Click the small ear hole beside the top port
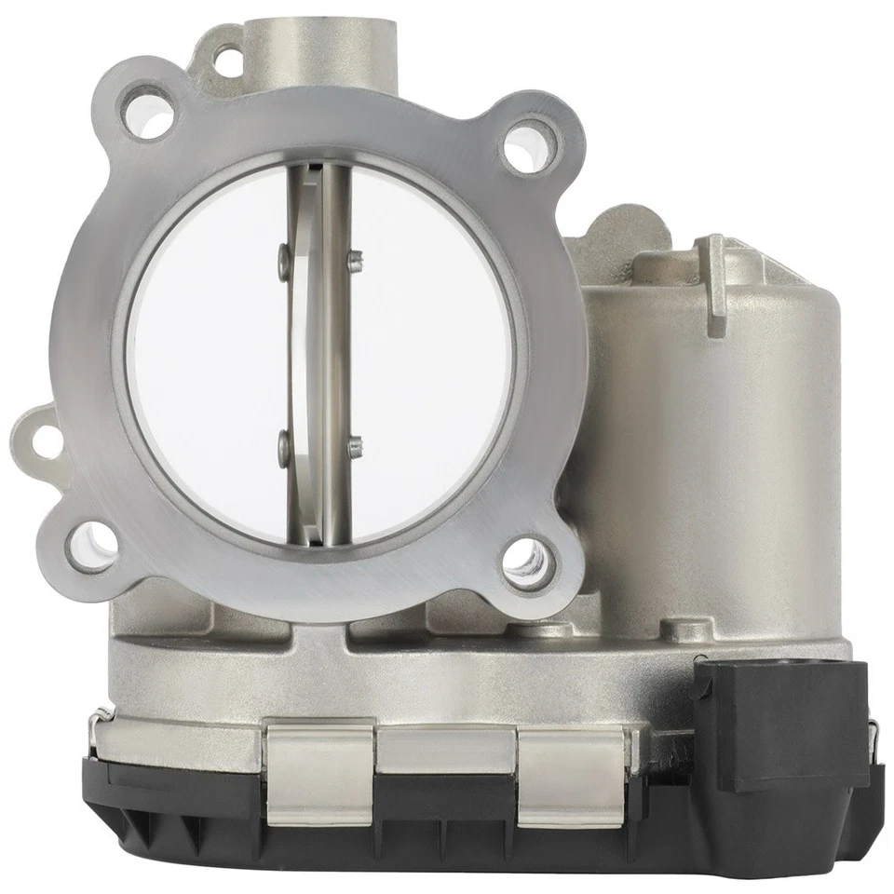point(226,61)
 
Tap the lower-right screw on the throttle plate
point(354,449)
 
